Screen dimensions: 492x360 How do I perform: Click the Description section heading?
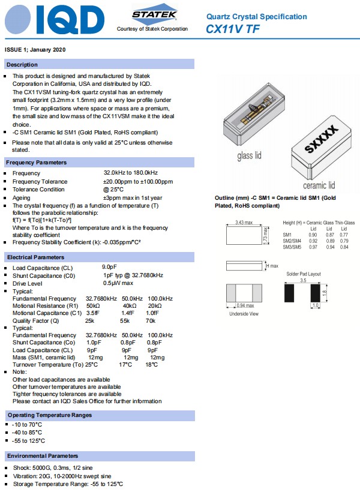(x=22, y=64)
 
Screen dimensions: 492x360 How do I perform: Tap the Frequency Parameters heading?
(x=36, y=163)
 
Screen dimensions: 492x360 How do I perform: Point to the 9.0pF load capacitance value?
(x=109, y=267)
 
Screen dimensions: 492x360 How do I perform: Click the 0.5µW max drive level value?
(x=118, y=283)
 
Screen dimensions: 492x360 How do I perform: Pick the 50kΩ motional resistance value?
(x=93, y=305)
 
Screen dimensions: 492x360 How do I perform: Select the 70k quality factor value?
(x=153, y=320)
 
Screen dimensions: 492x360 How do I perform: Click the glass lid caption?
(x=249, y=156)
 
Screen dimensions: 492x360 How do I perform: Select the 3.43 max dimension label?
(x=243, y=223)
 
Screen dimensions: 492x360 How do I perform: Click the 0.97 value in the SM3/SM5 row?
(x=313, y=247)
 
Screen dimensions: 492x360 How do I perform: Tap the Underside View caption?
(x=244, y=313)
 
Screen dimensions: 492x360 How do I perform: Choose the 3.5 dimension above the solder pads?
(x=304, y=280)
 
